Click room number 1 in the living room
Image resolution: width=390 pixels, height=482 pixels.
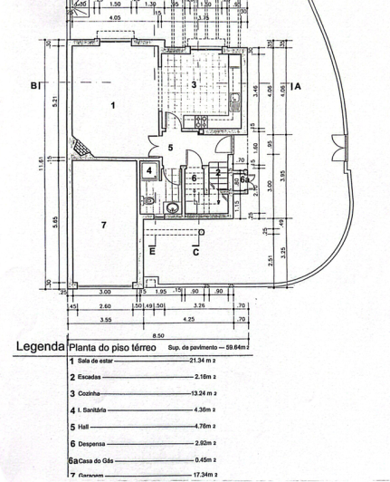(113, 106)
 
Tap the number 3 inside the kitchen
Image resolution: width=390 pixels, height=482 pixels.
(194, 83)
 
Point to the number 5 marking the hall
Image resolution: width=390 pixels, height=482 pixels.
(169, 147)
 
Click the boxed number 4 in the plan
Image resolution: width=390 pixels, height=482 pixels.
(148, 169)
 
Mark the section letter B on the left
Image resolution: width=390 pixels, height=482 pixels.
(33, 87)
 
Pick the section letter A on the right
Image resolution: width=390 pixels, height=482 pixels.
(297, 86)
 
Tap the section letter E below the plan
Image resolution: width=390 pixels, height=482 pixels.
(152, 251)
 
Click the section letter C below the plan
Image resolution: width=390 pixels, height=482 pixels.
(195, 251)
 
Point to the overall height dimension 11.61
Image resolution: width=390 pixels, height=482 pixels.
(41, 168)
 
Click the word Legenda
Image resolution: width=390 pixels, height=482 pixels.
(40, 347)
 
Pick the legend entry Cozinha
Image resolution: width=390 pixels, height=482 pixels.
(90, 394)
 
